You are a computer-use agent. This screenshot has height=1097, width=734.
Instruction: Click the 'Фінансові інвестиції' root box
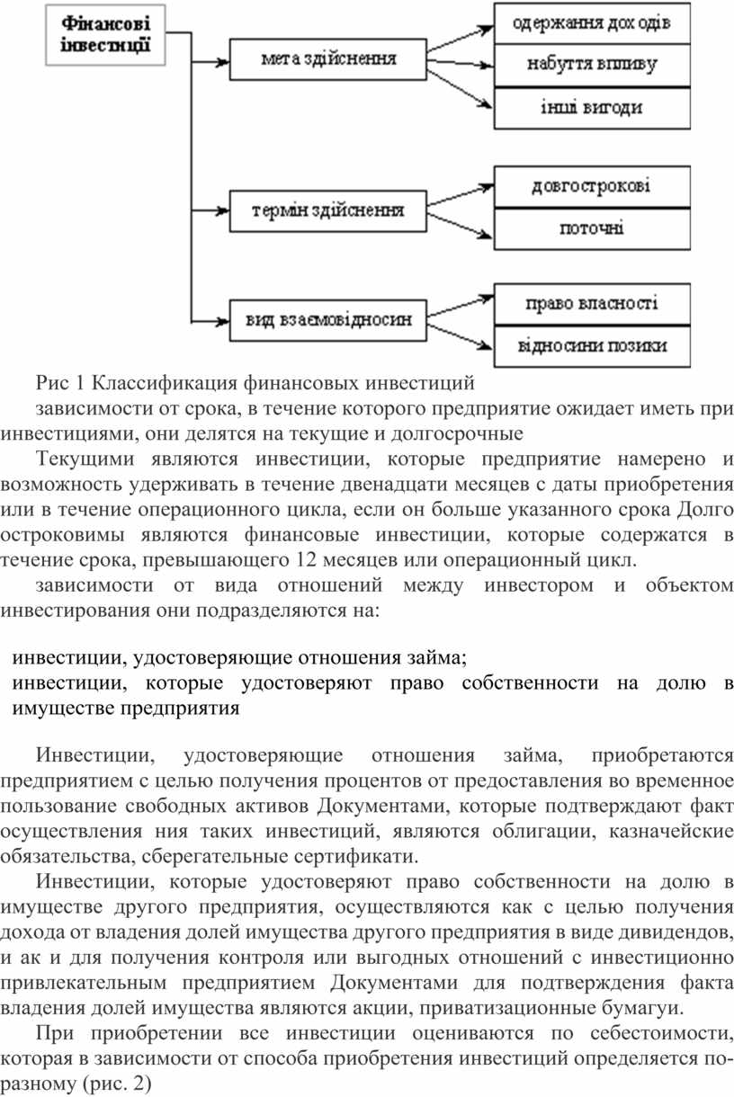(106, 33)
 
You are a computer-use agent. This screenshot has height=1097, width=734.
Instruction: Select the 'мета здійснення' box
(328, 60)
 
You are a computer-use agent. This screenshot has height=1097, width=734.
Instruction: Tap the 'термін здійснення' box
(328, 211)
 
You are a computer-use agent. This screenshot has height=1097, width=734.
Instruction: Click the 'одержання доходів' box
(591, 23)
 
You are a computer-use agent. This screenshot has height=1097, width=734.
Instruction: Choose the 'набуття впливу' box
(591, 65)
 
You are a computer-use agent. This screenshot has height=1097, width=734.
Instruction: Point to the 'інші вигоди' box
(591, 108)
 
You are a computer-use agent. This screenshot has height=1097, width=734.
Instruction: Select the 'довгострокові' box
(591, 187)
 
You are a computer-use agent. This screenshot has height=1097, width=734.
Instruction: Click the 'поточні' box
(591, 228)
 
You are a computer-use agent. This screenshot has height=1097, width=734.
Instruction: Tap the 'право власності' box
(591, 304)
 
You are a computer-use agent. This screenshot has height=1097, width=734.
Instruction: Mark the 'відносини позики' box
(591, 346)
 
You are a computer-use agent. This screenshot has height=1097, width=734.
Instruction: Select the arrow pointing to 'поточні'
(461, 227)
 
